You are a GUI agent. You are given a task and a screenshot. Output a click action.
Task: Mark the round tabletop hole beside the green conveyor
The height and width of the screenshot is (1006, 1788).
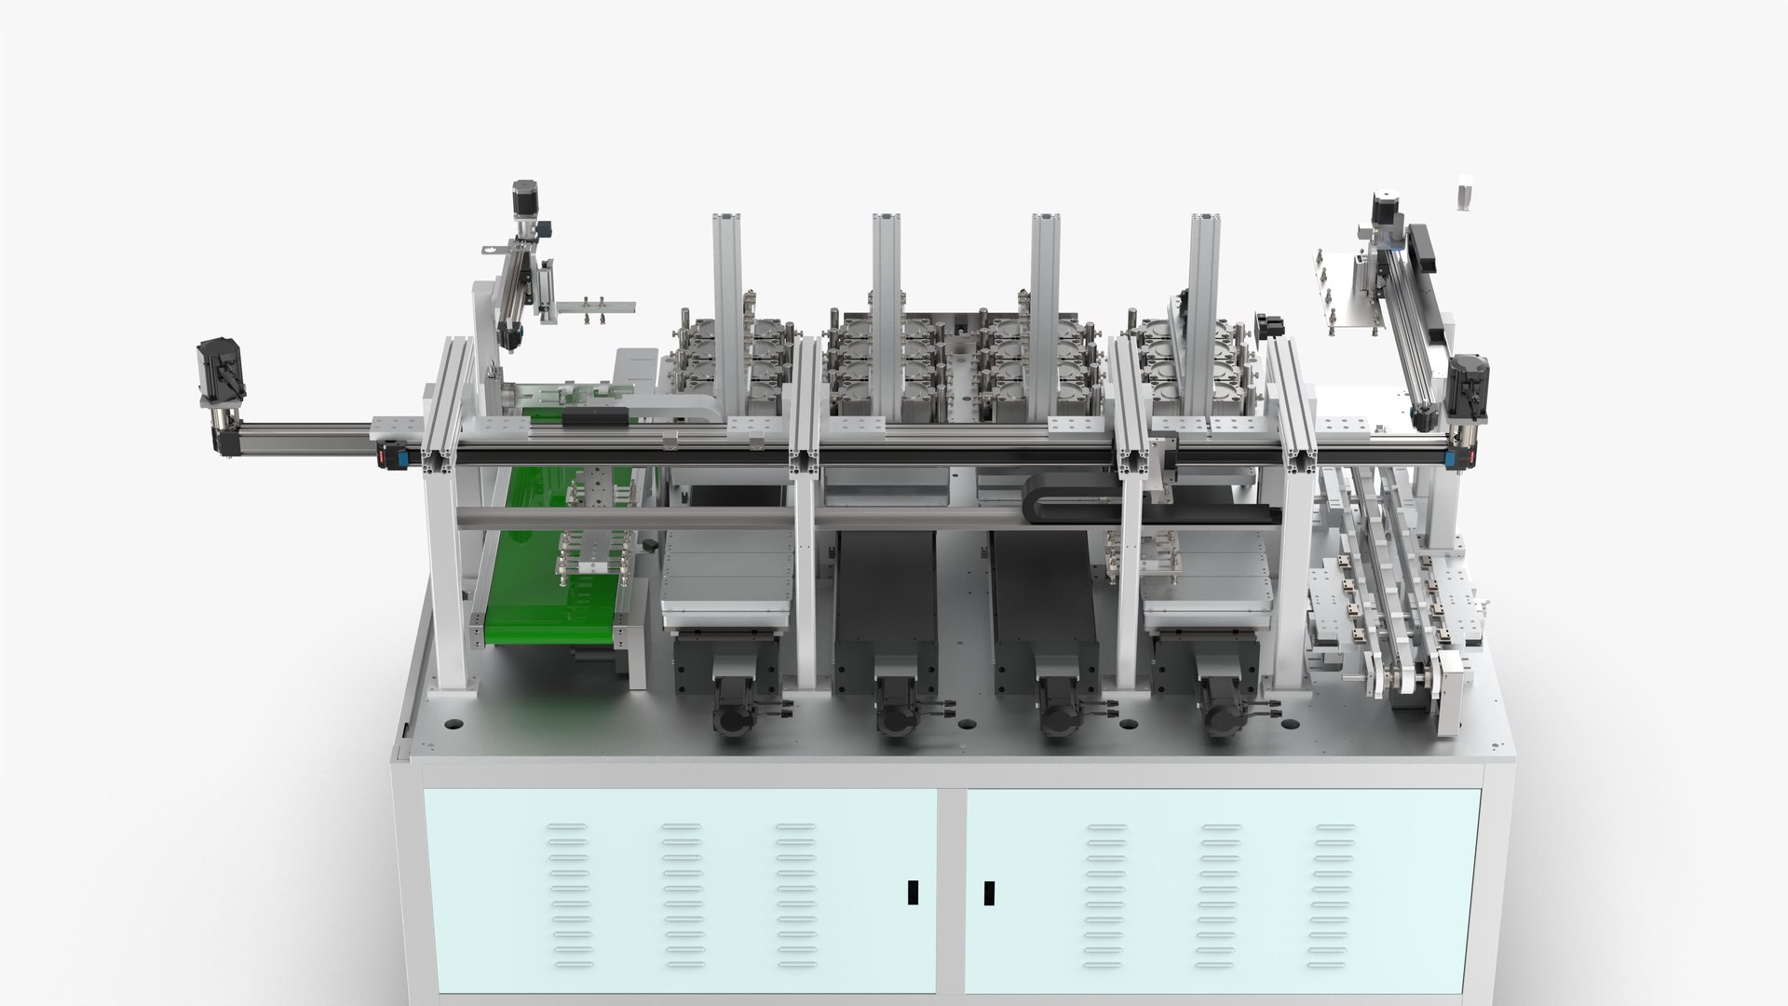point(454,722)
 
